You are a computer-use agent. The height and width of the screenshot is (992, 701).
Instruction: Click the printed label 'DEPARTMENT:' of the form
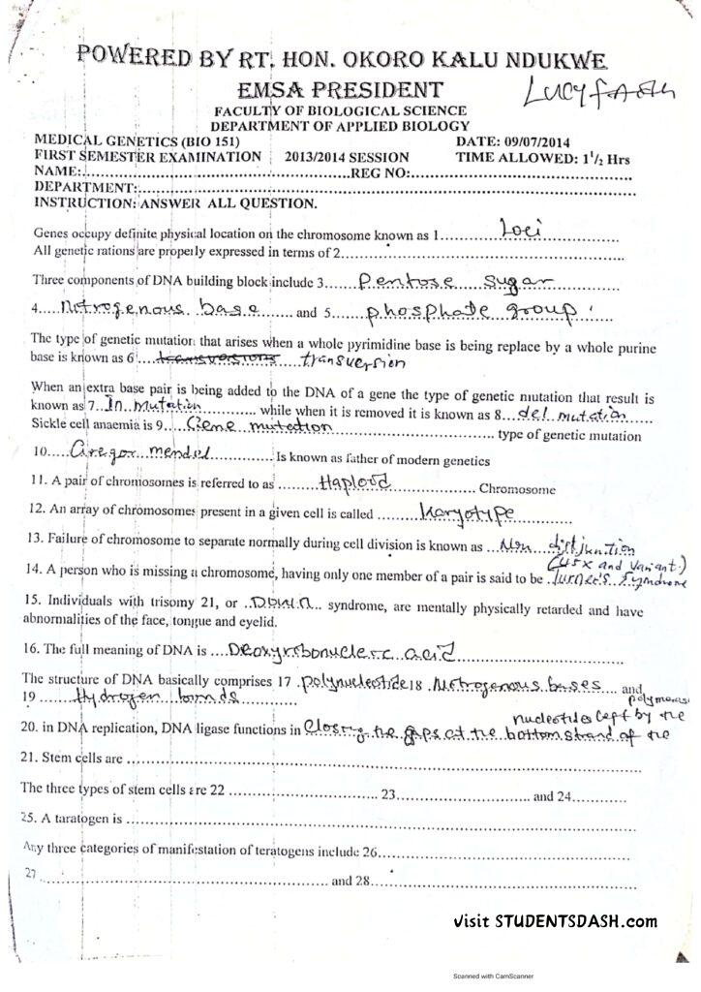pos(83,187)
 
